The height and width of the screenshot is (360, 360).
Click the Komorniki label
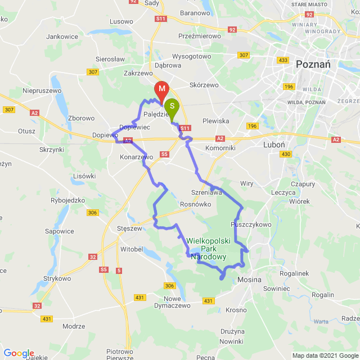tap(220, 148)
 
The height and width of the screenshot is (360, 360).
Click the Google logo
tap(19, 353)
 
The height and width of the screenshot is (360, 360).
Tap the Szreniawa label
tap(206, 192)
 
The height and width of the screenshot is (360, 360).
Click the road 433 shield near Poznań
tap(283, 60)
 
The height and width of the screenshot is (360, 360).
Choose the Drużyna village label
tap(232, 331)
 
